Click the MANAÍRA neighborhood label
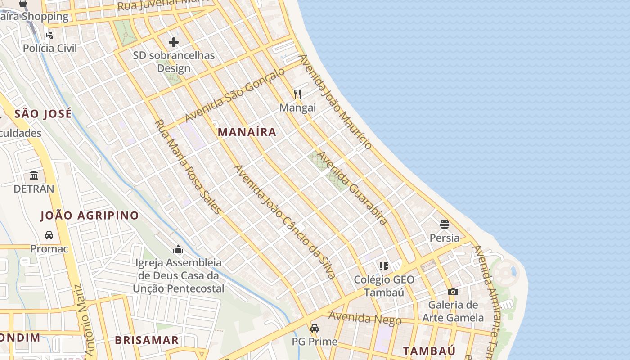pos(247,132)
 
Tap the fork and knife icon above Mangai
pos(297,94)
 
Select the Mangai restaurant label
pos(297,108)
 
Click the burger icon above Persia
pos(445,224)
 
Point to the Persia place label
pos(445,238)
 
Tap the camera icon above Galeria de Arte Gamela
pos(453,292)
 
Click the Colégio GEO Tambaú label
pos(384,286)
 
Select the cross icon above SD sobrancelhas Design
pos(174,42)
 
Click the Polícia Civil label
pos(50,48)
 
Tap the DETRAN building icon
pos(34,175)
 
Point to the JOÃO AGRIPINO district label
pos(90,216)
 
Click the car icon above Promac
pos(49,235)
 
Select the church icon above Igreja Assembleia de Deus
pos(179,249)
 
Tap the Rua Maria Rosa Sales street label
pos(188,167)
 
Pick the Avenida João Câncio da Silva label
pos(284,221)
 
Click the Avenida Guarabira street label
pos(352,188)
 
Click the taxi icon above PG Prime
pos(315,328)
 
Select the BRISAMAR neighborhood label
pos(147,340)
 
